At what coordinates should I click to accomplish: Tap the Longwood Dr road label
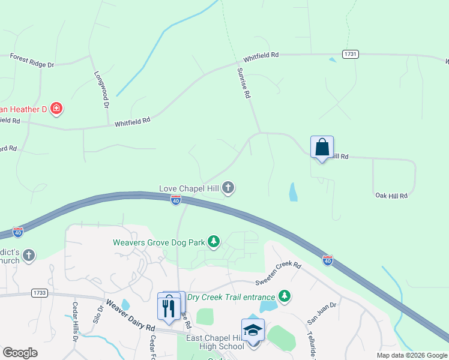pos(101,89)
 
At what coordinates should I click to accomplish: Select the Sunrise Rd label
pos(243,83)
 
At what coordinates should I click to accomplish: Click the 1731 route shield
pos(351,54)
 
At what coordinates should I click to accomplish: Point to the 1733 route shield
pos(40,293)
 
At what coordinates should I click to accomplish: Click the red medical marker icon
pos(56,109)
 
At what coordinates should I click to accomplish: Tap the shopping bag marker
pos(322,147)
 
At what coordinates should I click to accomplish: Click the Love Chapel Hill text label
pos(188,188)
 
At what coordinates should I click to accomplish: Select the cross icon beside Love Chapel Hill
pos(228,188)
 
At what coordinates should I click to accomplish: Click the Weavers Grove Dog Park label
pos(158,242)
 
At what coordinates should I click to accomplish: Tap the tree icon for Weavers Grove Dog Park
pos(213,242)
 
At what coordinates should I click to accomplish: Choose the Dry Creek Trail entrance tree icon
pos(285,296)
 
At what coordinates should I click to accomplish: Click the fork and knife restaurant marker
pos(169,308)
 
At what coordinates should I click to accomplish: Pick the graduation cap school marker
pos(253,329)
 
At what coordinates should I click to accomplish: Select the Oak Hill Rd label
pos(391,196)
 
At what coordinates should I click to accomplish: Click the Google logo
pos(20,353)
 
